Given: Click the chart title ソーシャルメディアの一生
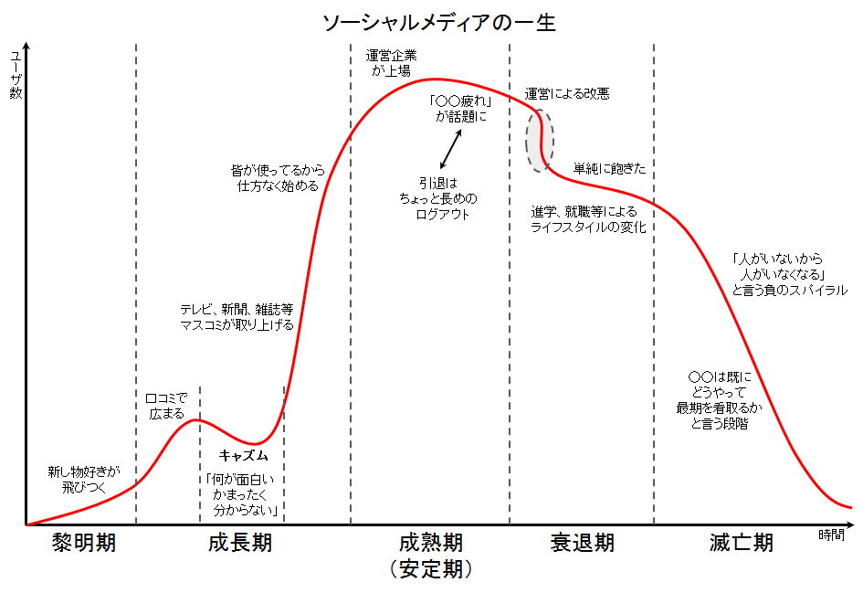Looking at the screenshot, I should (x=439, y=23).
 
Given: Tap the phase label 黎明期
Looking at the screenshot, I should (x=83, y=543).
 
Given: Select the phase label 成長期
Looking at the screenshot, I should (x=240, y=543).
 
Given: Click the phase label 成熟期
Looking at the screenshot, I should (x=430, y=543).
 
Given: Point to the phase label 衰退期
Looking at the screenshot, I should (x=583, y=543).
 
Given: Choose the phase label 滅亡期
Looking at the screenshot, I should (x=741, y=543).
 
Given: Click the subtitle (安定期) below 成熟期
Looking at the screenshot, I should (x=430, y=569).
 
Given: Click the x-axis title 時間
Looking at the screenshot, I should (x=832, y=535).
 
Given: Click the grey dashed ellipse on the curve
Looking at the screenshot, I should (x=539, y=141).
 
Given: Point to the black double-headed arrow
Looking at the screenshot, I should (x=451, y=147).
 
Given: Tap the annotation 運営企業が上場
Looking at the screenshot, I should (x=391, y=62).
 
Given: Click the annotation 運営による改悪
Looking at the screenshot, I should (x=567, y=93).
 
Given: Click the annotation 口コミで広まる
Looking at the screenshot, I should (x=166, y=406).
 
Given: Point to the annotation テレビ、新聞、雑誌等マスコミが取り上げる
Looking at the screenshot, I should (x=237, y=317).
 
